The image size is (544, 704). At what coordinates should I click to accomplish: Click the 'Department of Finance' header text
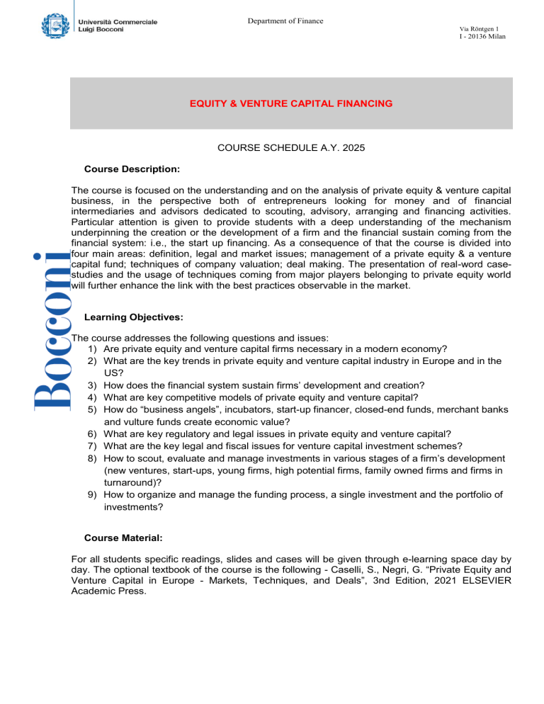click(285, 20)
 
